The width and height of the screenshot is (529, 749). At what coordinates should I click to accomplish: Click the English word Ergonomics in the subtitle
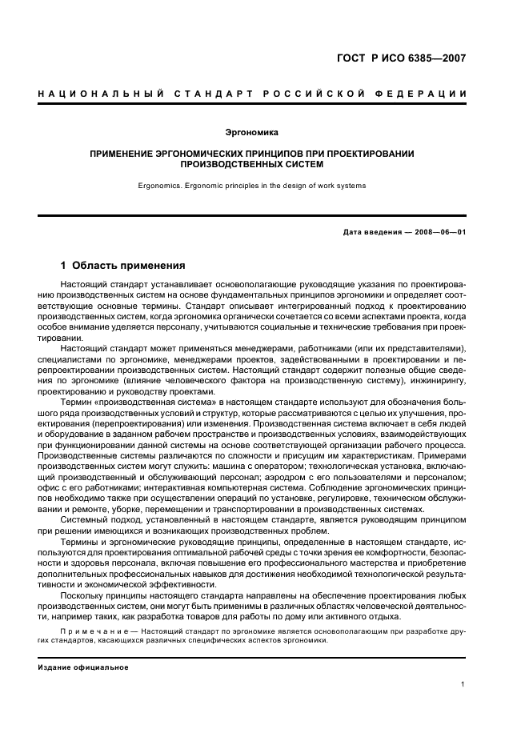tap(162, 186)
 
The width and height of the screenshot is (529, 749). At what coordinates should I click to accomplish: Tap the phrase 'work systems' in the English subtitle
tap(342, 186)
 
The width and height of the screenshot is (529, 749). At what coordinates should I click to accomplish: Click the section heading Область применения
tap(129, 266)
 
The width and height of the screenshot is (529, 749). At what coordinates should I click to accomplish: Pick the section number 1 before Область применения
tap(63, 266)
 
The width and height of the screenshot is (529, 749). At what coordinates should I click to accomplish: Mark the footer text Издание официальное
tap(82, 667)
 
